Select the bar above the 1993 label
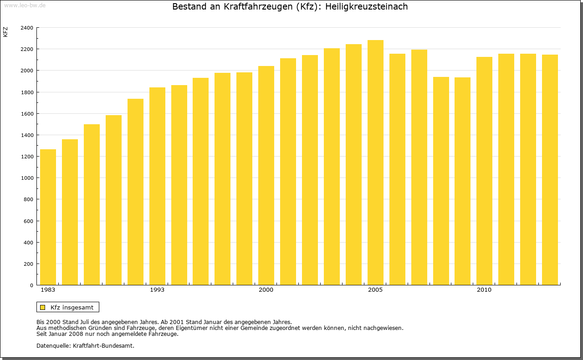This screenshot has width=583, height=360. point(157,186)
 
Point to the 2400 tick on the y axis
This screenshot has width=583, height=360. point(27,28)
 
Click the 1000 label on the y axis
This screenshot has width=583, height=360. point(27,178)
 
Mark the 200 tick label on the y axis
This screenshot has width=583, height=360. point(28,264)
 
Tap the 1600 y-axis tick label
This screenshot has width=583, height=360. point(27,114)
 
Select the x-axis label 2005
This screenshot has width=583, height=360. point(375,290)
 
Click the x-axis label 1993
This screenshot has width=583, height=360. point(157,290)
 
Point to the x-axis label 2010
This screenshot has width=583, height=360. point(484,290)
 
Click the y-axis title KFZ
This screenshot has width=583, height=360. point(5,32)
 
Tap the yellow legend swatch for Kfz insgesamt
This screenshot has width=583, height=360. point(43,307)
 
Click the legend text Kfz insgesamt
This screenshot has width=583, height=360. point(72,307)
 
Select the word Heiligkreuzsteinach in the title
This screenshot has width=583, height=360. point(367,7)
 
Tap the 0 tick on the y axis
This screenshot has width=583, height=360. point(31,285)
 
